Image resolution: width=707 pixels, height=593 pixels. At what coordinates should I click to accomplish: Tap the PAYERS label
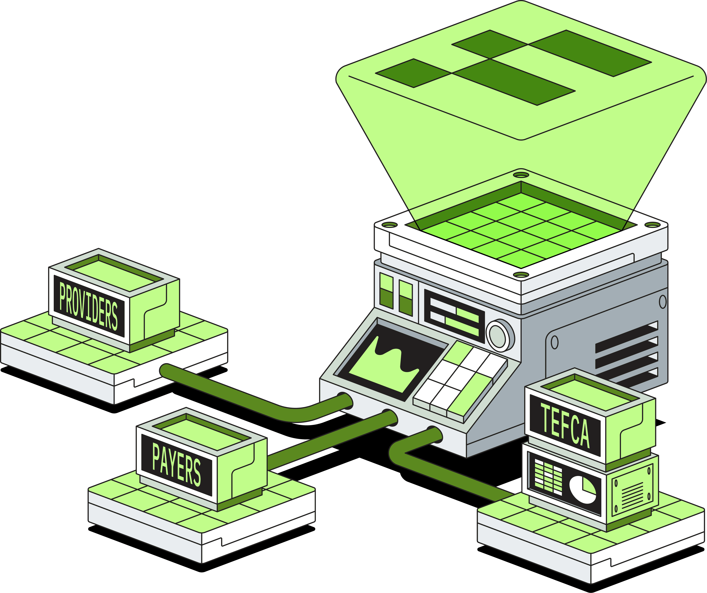tap(176, 465)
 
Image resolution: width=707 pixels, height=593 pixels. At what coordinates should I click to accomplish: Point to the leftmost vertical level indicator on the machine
tap(386, 290)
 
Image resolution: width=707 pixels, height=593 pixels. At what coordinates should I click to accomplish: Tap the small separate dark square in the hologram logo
tap(413, 73)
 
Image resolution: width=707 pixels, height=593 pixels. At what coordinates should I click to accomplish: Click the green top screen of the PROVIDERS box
tap(114, 275)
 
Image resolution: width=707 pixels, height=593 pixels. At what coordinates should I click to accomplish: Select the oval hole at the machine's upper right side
tap(663, 302)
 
